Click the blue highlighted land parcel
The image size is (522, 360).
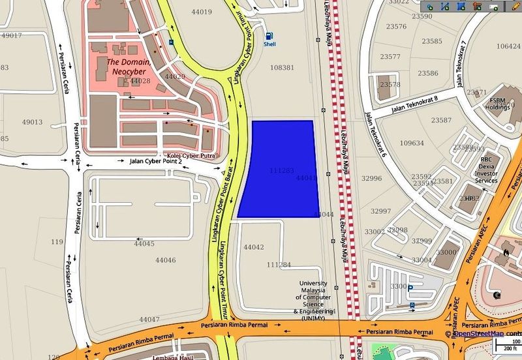pos(279,170)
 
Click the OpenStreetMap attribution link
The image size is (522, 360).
pos(480,334)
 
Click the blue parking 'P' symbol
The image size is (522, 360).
pos(410,288)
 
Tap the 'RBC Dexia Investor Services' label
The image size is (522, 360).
pos(485,169)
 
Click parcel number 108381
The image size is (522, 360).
pos(282,68)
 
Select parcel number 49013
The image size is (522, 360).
pos(31,122)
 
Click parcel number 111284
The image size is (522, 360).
pos(279,265)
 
